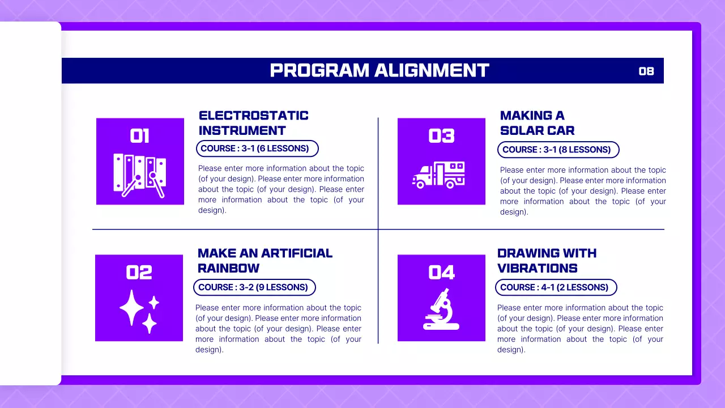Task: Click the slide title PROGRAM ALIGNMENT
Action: (379, 70)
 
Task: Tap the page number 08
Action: (646, 71)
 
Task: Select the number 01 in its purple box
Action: (139, 136)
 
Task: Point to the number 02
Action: (139, 273)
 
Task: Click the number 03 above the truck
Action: (441, 136)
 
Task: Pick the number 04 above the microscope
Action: (441, 273)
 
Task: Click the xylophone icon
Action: (140, 175)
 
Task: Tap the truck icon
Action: (439, 175)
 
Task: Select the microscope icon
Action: (441, 310)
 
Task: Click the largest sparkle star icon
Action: (132, 308)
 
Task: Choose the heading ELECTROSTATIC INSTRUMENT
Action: (253, 123)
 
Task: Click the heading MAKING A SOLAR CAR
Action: (537, 123)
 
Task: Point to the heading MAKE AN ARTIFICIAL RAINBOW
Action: (265, 261)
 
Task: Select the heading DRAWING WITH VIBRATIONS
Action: (547, 261)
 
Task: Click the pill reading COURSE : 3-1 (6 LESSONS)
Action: (257, 148)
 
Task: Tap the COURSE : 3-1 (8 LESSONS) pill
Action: (558, 150)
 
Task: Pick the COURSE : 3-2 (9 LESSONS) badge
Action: (254, 287)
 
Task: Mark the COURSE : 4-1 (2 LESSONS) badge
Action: (556, 287)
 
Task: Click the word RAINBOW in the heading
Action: (228, 268)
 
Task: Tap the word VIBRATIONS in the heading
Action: (537, 268)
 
